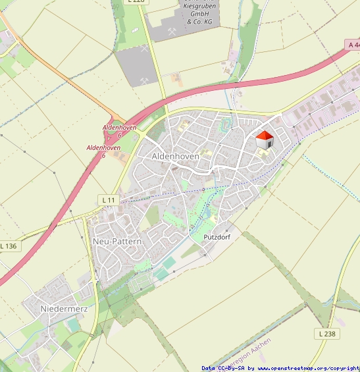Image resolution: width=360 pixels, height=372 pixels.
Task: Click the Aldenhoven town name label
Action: (175, 156)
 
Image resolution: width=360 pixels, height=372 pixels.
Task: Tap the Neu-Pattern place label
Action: (118, 242)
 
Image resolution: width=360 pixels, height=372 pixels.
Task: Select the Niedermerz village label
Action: (64, 308)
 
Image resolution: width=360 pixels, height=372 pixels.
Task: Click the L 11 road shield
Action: (109, 199)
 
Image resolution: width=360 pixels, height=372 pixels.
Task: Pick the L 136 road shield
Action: (9, 246)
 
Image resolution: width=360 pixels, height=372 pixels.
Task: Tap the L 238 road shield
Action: (327, 334)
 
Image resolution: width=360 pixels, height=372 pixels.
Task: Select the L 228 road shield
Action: (136, 1)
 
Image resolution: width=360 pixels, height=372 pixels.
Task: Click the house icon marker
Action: (264, 140)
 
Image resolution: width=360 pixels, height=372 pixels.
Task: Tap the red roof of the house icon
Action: (264, 135)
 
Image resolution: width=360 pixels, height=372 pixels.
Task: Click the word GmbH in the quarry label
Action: (199, 13)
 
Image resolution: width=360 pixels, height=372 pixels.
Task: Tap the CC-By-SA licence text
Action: (230, 368)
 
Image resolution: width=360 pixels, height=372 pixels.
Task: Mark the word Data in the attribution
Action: (208, 368)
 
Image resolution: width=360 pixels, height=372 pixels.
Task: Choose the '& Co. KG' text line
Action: (199, 22)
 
